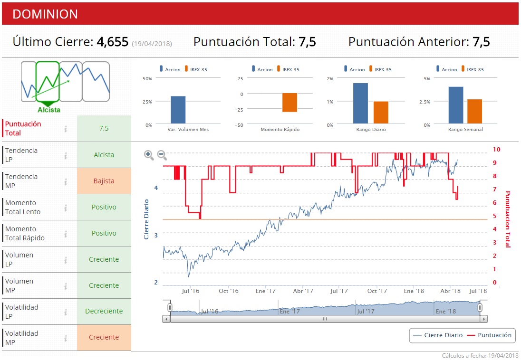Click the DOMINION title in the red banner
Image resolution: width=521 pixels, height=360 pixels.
(45, 14)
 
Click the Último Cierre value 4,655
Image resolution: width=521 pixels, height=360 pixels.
(113, 42)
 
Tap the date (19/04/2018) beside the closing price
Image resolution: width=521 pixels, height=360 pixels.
(152, 44)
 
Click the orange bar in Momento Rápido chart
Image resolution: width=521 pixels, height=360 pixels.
(289, 103)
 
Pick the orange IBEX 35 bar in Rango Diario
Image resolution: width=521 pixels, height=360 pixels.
(381, 113)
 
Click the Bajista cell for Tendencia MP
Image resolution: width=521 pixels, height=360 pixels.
(104, 181)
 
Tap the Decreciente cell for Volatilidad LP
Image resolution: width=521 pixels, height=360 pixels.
(104, 312)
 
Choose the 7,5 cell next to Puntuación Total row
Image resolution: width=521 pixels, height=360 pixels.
(104, 128)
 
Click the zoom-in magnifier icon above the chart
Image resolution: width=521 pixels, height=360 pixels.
(149, 154)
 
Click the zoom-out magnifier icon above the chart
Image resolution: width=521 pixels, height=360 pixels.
(162, 154)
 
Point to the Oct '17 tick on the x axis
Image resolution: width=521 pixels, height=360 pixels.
(378, 291)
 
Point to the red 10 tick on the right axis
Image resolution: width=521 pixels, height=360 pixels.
(497, 149)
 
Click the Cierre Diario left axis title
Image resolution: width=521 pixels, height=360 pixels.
(146, 219)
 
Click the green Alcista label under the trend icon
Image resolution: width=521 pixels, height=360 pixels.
(49, 110)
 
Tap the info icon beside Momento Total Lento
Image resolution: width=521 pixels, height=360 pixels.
(66, 208)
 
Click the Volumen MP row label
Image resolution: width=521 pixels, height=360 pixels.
(19, 285)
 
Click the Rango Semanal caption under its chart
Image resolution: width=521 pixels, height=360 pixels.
(465, 130)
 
